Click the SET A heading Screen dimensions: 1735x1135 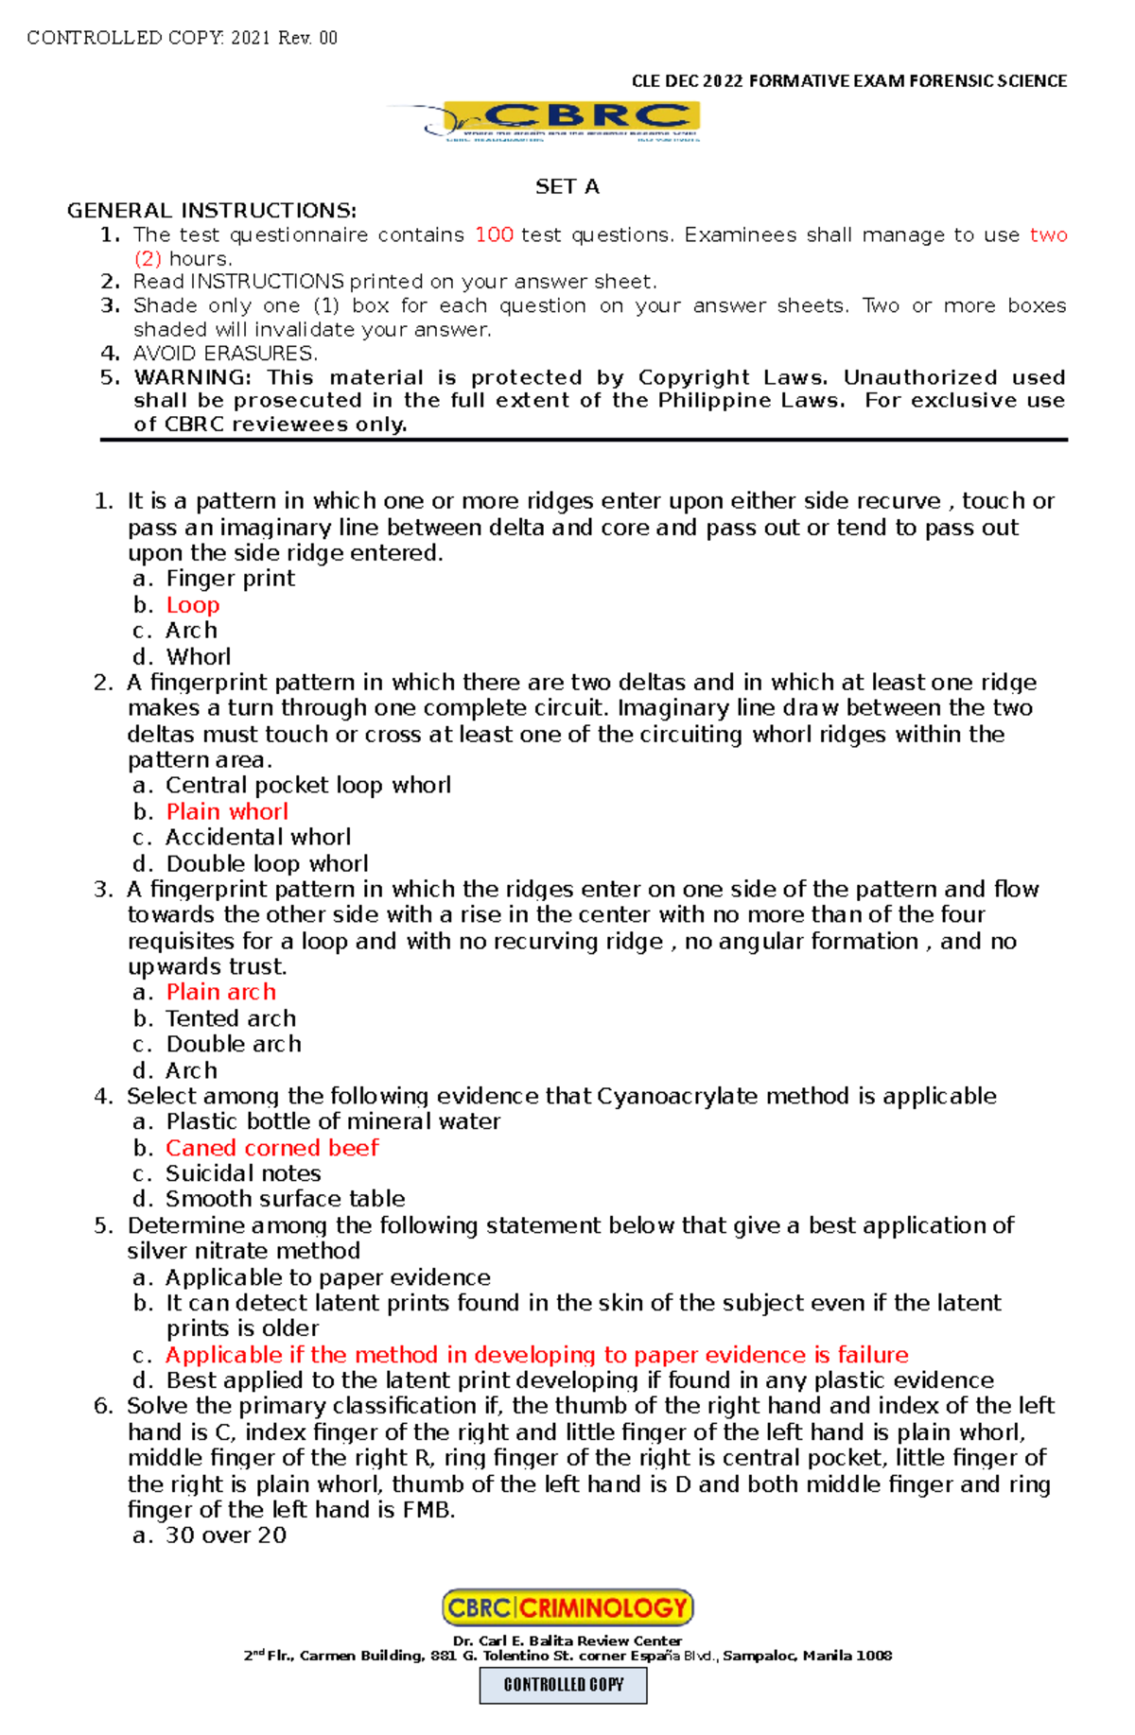pos(567,186)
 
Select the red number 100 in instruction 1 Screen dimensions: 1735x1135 pos(494,234)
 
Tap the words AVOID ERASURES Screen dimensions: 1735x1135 pos(225,354)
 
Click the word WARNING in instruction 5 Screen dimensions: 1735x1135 pos(192,377)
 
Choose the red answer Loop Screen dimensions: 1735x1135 pos(193,605)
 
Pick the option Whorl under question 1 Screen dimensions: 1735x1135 pos(199,656)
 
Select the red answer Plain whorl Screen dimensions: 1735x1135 pos(227,811)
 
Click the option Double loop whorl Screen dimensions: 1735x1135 pos(267,863)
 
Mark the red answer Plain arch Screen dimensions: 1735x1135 pos(221,992)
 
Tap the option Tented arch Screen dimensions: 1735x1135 pos(231,1018)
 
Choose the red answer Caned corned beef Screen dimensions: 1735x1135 pos(271,1148)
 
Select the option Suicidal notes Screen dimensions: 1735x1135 pos(243,1173)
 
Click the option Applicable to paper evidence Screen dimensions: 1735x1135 pos(327,1277)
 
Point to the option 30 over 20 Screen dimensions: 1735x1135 pos(226,1535)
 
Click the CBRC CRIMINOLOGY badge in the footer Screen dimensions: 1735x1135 pos(567,1607)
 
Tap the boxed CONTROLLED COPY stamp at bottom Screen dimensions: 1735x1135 pos(564,1685)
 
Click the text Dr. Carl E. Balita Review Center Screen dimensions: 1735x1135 pos(567,1640)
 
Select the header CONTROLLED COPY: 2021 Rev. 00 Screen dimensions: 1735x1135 pos(183,38)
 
